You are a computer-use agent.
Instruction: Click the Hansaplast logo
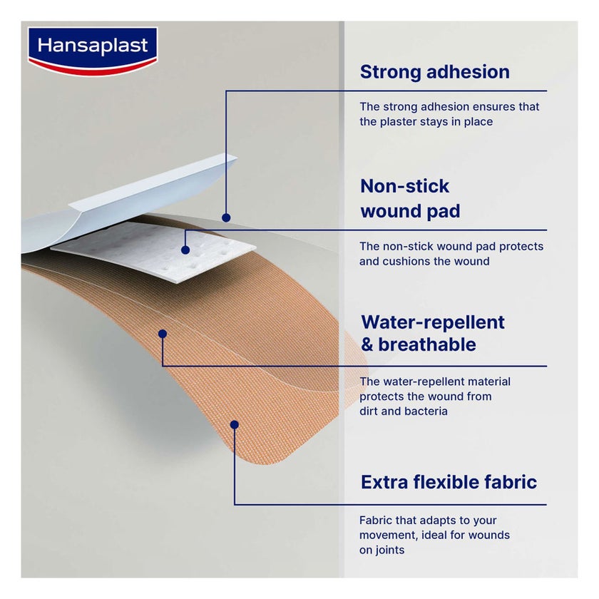click(92, 49)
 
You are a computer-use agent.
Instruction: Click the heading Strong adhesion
click(434, 72)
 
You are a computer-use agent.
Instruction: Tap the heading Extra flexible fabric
click(449, 482)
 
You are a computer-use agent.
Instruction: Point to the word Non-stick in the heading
click(404, 187)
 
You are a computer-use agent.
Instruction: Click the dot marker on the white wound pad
click(185, 250)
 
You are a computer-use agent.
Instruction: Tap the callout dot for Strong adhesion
click(226, 217)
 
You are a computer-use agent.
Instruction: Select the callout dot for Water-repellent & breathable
click(163, 333)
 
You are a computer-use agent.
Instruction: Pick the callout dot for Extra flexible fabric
click(234, 424)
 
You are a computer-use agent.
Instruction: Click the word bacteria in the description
click(426, 411)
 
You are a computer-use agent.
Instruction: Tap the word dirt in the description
click(369, 411)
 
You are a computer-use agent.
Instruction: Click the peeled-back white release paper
click(143, 193)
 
